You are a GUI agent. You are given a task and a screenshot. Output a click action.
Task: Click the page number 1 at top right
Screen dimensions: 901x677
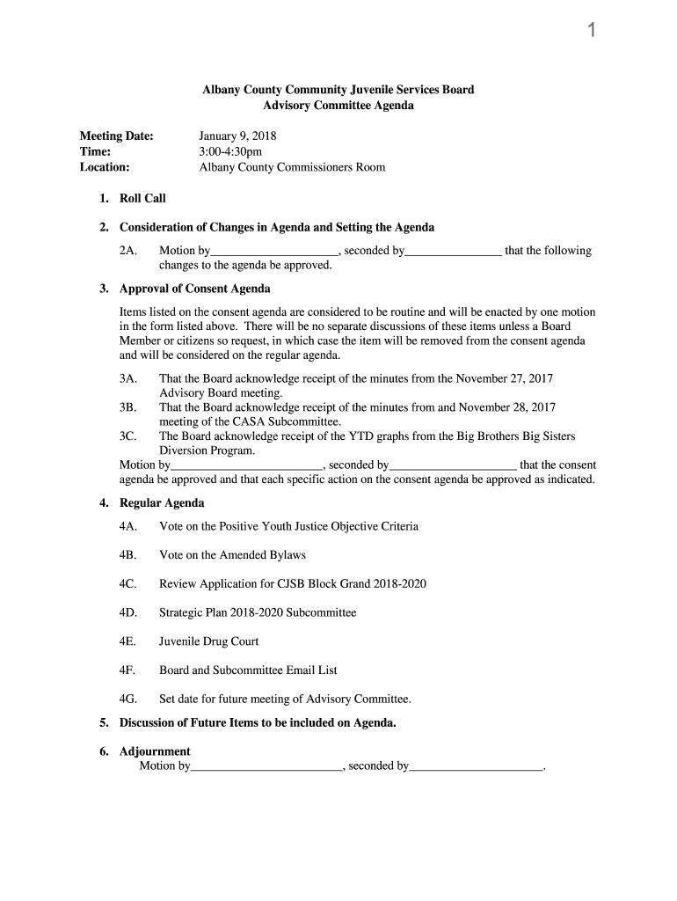coord(592,32)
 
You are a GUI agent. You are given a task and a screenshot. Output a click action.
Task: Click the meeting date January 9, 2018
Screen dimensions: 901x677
coord(237,136)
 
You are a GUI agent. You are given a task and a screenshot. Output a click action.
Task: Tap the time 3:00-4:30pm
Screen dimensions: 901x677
coord(230,151)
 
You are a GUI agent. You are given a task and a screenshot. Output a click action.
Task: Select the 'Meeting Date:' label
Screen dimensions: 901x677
coord(116,136)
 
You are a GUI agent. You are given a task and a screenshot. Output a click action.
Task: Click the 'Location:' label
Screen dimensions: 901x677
coord(105,167)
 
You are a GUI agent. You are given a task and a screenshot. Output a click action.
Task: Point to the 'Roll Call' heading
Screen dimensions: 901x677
coord(142,199)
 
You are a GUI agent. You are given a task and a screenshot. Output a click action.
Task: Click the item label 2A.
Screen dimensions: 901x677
coord(128,251)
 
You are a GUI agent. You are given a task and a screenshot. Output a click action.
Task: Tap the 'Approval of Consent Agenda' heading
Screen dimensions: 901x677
coord(194,289)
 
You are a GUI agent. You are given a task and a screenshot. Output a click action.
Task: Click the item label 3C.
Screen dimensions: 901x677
coord(128,436)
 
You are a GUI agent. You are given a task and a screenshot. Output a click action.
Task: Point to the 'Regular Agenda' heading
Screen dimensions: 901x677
coord(162,503)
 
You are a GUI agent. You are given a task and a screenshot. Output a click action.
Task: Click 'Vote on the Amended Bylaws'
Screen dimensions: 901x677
coord(232,555)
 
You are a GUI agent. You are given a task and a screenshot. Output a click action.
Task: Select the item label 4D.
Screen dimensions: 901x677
coord(128,612)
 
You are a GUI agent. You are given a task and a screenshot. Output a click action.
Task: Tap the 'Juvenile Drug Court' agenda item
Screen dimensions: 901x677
coord(208,641)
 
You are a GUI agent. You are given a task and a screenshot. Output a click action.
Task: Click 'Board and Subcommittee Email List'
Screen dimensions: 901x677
coord(248,670)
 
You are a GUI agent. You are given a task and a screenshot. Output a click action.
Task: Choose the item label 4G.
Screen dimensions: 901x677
coord(128,700)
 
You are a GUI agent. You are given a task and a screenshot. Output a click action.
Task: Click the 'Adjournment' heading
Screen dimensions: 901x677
coord(155,751)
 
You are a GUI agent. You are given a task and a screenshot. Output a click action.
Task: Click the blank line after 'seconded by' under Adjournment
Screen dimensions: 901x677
coord(477,768)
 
